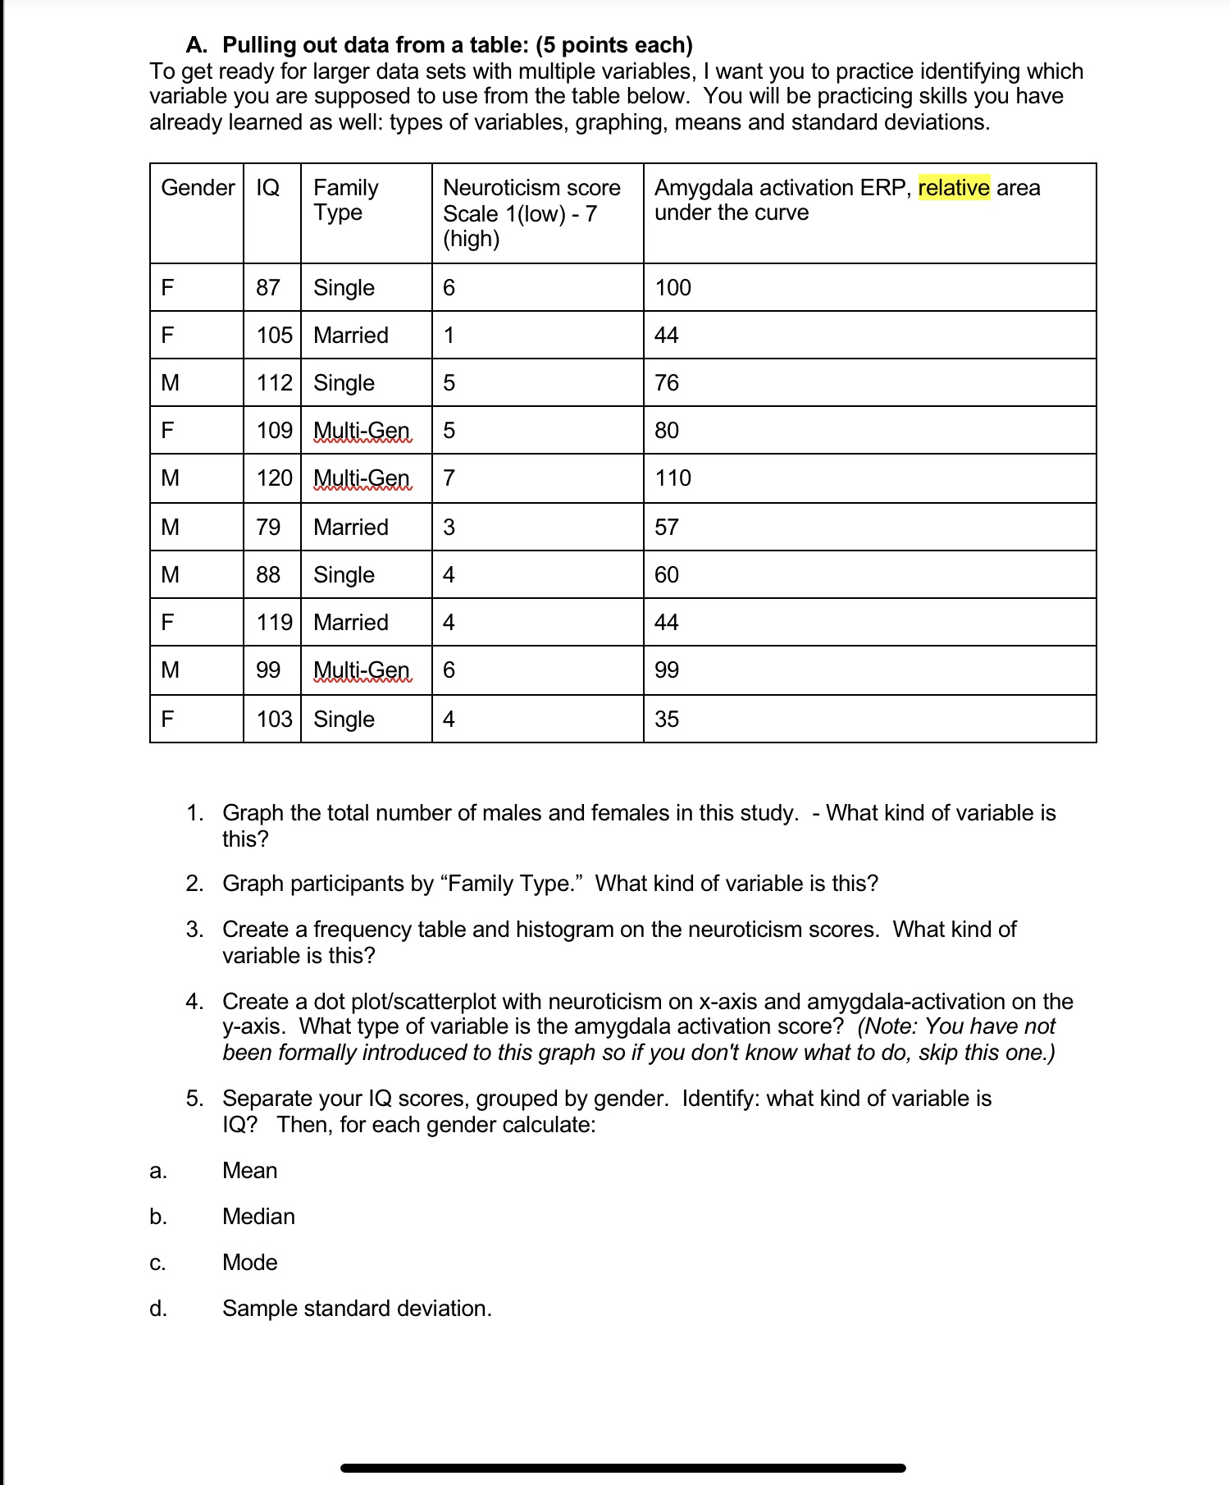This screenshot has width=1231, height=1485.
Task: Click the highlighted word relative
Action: tap(953, 188)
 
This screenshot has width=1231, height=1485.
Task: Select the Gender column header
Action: tap(198, 188)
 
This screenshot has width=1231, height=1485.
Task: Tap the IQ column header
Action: tap(267, 188)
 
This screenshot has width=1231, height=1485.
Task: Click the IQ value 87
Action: tap(267, 288)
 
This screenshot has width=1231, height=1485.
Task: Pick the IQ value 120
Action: tap(274, 478)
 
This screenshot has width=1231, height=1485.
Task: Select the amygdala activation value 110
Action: tap(672, 478)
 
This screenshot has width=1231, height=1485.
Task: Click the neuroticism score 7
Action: tap(449, 478)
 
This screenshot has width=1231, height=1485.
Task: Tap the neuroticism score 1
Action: tap(449, 336)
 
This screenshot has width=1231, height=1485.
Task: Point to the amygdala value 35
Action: tap(666, 720)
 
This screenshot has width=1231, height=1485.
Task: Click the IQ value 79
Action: tap(267, 528)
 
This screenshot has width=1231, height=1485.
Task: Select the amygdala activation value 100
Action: tap(672, 288)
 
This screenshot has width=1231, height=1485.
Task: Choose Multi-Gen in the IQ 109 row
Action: tap(361, 431)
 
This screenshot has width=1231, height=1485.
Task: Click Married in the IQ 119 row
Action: tap(350, 623)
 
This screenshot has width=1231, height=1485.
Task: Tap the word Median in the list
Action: tap(258, 1217)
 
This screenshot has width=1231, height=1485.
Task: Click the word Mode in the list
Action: tap(249, 1263)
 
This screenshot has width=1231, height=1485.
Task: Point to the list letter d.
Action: tap(157, 1309)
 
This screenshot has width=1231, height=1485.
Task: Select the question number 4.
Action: tap(194, 1002)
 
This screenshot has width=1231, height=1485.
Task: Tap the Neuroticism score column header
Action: tap(531, 188)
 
